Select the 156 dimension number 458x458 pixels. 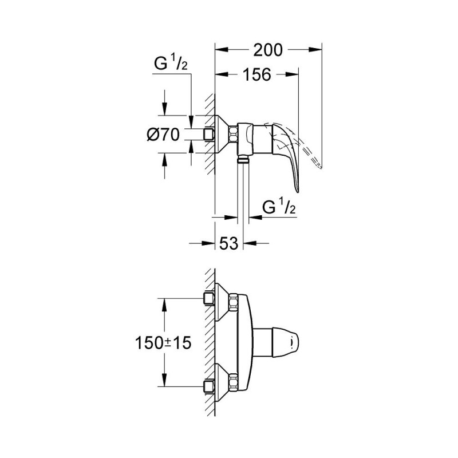coord(253,76)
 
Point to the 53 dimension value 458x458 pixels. coord(228,244)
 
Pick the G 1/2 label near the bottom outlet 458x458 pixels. coord(278,207)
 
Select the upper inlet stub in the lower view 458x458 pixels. coord(208,298)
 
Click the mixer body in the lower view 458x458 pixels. coord(247,342)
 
